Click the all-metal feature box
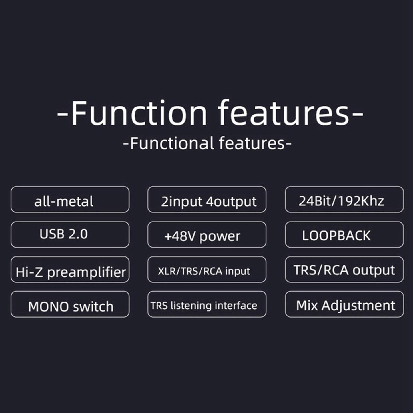click(x=70, y=199)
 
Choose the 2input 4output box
click(x=207, y=199)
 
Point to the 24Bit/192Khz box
click(x=344, y=199)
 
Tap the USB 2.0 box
click(x=70, y=234)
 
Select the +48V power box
click(x=207, y=235)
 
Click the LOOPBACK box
click(x=344, y=235)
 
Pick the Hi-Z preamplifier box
click(x=70, y=270)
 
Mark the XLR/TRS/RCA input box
click(x=207, y=270)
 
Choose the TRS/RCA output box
click(x=344, y=270)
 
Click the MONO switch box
click(x=70, y=304)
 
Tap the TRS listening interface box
click(x=207, y=304)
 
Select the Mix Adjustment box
click(x=344, y=304)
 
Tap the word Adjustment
click(x=358, y=306)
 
